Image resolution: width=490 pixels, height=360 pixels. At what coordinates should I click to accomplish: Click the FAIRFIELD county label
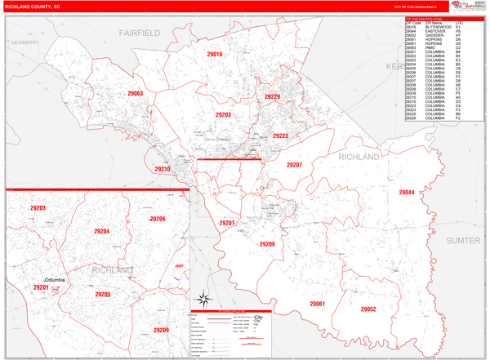coord(139,33)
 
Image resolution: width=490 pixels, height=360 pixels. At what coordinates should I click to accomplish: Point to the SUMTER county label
coord(462,241)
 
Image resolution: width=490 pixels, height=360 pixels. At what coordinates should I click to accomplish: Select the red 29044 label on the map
coord(406,193)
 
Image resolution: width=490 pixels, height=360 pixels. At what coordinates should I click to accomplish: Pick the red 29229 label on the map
coord(272,97)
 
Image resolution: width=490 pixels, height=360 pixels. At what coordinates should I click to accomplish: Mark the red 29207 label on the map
coord(294,165)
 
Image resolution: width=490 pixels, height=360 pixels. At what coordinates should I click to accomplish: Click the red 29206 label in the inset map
coord(158,219)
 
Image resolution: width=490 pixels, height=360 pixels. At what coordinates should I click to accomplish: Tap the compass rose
coord(207,299)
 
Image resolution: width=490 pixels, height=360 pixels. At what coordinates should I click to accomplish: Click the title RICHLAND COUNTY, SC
coord(32,6)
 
